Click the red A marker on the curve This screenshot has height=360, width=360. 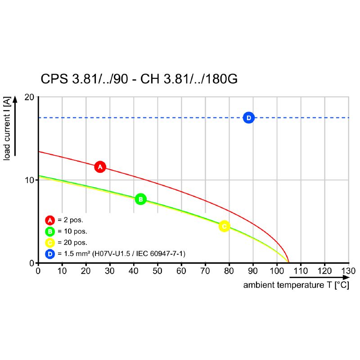click(x=100, y=166)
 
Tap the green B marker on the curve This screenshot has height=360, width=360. click(x=140, y=199)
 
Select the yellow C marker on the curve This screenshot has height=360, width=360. click(x=224, y=226)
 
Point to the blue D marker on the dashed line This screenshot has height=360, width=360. click(x=248, y=117)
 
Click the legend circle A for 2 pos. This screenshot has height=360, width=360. click(x=50, y=220)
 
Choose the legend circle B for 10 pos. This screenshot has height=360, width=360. click(x=50, y=231)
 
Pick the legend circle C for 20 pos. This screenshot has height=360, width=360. click(x=50, y=243)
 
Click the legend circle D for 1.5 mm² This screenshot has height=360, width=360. click(x=50, y=254)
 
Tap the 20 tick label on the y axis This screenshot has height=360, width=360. click(x=29, y=97)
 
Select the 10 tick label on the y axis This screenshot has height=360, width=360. click(x=29, y=180)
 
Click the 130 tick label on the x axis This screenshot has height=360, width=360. click(x=348, y=271)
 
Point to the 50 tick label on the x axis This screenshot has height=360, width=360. click(x=157, y=271)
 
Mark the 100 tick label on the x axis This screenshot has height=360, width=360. click(x=276, y=271)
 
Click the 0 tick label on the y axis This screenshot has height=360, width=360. click(x=32, y=263)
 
